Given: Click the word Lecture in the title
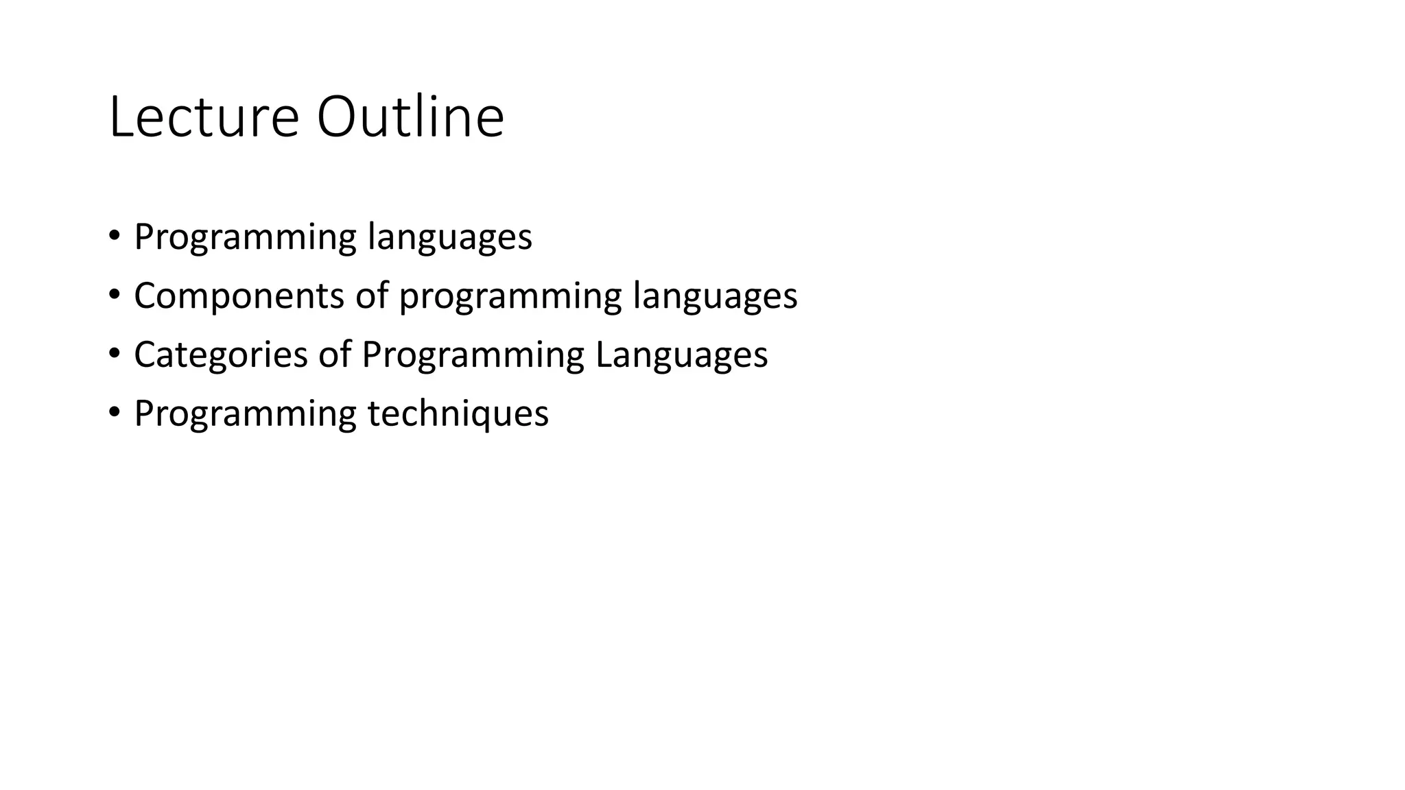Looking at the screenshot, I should [x=204, y=118].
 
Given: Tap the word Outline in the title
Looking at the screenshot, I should [x=410, y=118].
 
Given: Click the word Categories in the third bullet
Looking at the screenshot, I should [x=220, y=355].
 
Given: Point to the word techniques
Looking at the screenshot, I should [x=458, y=414].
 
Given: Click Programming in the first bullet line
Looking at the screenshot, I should [x=245, y=238].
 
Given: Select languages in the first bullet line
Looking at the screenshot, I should [x=449, y=238].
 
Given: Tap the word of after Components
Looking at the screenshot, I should [x=371, y=296].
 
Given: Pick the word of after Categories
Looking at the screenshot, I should [x=334, y=355].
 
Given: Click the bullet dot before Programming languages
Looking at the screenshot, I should [x=114, y=236].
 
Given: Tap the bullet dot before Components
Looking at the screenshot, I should [x=114, y=295].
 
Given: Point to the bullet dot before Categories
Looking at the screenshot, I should [x=114, y=354].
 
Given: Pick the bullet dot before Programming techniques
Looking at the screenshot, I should [x=114, y=413].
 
